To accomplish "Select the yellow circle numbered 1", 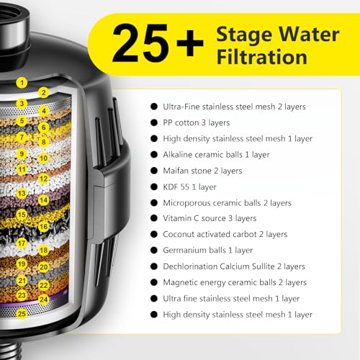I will tap(22, 83).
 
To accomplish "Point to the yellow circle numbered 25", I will tap(22, 313).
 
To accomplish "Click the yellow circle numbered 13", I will tap(22, 193).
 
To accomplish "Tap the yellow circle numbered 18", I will tap(43, 250).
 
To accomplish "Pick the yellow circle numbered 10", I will tap(43, 158).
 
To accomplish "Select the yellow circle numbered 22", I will tap(43, 284).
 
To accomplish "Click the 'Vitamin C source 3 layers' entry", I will tap(210, 218).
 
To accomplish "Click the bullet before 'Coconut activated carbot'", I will tap(153, 234).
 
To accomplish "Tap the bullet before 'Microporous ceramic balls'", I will tap(153, 202).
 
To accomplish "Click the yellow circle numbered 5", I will tap(22, 121).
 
